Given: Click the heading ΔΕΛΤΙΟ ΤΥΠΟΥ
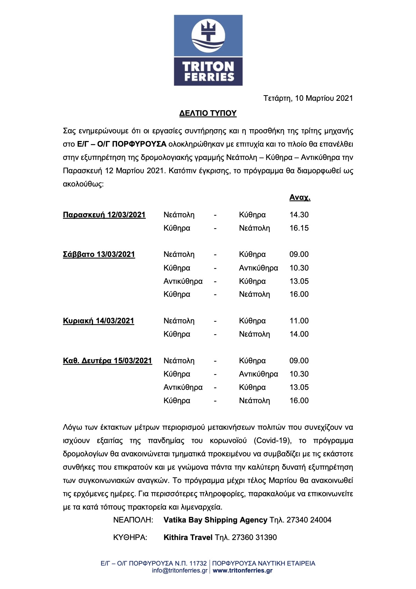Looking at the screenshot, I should click(x=208, y=113).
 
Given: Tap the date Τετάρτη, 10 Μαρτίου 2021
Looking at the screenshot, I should click(x=308, y=98).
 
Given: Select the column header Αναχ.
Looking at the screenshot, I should click(x=300, y=197).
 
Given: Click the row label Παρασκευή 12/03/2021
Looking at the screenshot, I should click(x=104, y=215).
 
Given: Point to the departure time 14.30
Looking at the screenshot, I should click(x=299, y=215).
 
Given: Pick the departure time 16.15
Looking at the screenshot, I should click(x=299, y=228).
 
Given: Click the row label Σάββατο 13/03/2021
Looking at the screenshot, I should click(x=99, y=254).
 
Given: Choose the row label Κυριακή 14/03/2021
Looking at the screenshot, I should click(x=99, y=321).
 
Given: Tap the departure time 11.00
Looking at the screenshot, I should click(x=299, y=321).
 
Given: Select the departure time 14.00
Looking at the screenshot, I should click(x=299, y=334).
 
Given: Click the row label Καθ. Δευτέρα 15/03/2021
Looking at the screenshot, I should click(x=107, y=361).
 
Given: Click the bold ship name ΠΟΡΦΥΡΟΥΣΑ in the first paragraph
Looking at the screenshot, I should click(x=139, y=144).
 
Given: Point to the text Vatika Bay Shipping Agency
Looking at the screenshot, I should click(x=215, y=520).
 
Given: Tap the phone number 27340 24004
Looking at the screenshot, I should click(x=309, y=520).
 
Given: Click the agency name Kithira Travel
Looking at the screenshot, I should click(x=188, y=538).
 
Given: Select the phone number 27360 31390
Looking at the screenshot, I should click(x=254, y=538).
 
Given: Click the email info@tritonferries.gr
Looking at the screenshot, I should click(x=180, y=570).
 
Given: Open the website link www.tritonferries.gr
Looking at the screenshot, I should click(x=243, y=570).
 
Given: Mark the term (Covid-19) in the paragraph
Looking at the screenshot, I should click(x=272, y=441).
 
